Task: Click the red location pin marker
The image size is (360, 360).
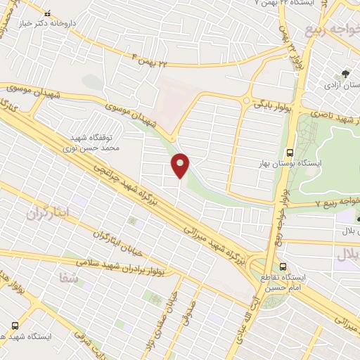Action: (181, 165)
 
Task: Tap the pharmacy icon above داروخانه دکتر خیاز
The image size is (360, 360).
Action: (47, 13)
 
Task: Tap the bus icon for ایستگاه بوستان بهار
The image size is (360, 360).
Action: (289, 152)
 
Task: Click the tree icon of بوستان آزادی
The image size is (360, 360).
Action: (345, 72)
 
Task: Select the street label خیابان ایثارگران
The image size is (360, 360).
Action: (114, 236)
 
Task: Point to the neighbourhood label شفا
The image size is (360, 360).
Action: (74, 280)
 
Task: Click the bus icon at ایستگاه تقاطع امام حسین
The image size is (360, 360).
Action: (283, 266)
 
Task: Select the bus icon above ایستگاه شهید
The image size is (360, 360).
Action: (15, 326)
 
